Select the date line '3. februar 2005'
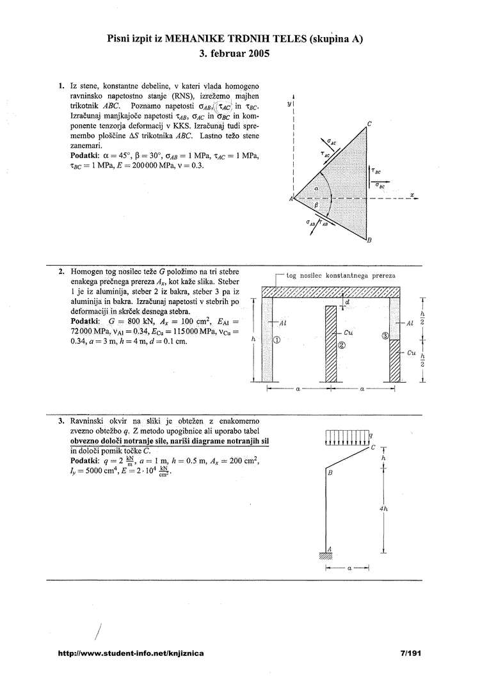(x=235, y=54)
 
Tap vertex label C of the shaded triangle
(x=369, y=124)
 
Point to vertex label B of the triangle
(x=369, y=241)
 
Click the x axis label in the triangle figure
(x=413, y=195)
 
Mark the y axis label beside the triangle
(x=289, y=102)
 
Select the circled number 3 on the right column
(x=385, y=336)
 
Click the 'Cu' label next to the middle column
(x=348, y=333)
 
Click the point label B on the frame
(x=330, y=474)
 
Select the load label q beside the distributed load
(x=372, y=436)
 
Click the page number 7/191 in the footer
(x=410, y=654)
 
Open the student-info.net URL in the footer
(x=131, y=654)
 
